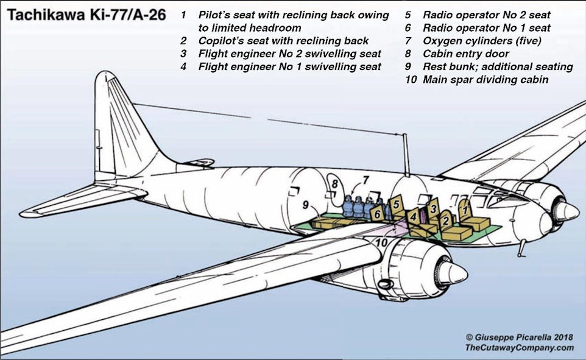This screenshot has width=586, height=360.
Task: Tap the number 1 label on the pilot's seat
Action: (465, 210)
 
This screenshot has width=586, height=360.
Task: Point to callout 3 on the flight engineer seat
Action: (432, 208)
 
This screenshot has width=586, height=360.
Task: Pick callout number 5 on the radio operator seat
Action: (396, 206)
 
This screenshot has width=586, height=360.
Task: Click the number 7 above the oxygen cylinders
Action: (366, 180)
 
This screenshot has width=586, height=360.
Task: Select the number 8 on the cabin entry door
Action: (334, 184)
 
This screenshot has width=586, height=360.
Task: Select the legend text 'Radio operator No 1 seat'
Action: (486, 28)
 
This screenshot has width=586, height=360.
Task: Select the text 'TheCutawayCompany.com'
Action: (520, 347)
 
